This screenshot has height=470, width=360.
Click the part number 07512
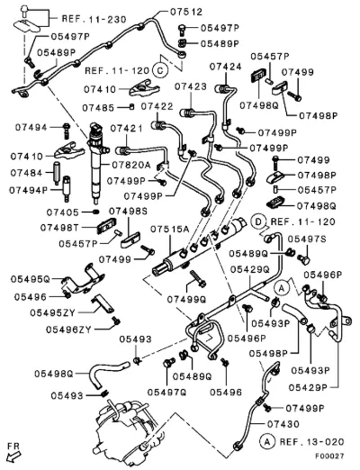click(x=186, y=12)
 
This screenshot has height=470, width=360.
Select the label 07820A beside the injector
click(x=131, y=165)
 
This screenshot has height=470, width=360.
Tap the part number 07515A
click(x=169, y=230)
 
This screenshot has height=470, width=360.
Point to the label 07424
click(x=225, y=67)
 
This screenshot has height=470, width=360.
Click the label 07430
click(x=283, y=424)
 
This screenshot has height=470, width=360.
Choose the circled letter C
click(x=160, y=70)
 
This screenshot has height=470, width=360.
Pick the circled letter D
click(x=258, y=221)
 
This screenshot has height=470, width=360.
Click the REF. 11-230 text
click(x=94, y=19)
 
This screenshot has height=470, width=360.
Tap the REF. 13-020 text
click(x=311, y=442)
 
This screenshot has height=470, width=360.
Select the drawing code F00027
click(x=329, y=456)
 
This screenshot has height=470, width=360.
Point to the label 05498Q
click(x=54, y=374)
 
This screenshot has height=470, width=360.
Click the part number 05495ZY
click(x=52, y=313)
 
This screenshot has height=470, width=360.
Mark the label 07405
click(x=62, y=212)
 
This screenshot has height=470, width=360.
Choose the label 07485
click(x=98, y=108)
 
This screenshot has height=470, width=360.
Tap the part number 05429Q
click(x=250, y=269)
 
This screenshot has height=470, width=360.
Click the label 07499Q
click(x=186, y=299)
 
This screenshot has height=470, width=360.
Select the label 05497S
click(x=307, y=240)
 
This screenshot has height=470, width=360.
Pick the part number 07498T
click(x=59, y=228)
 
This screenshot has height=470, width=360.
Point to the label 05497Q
click(x=167, y=392)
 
